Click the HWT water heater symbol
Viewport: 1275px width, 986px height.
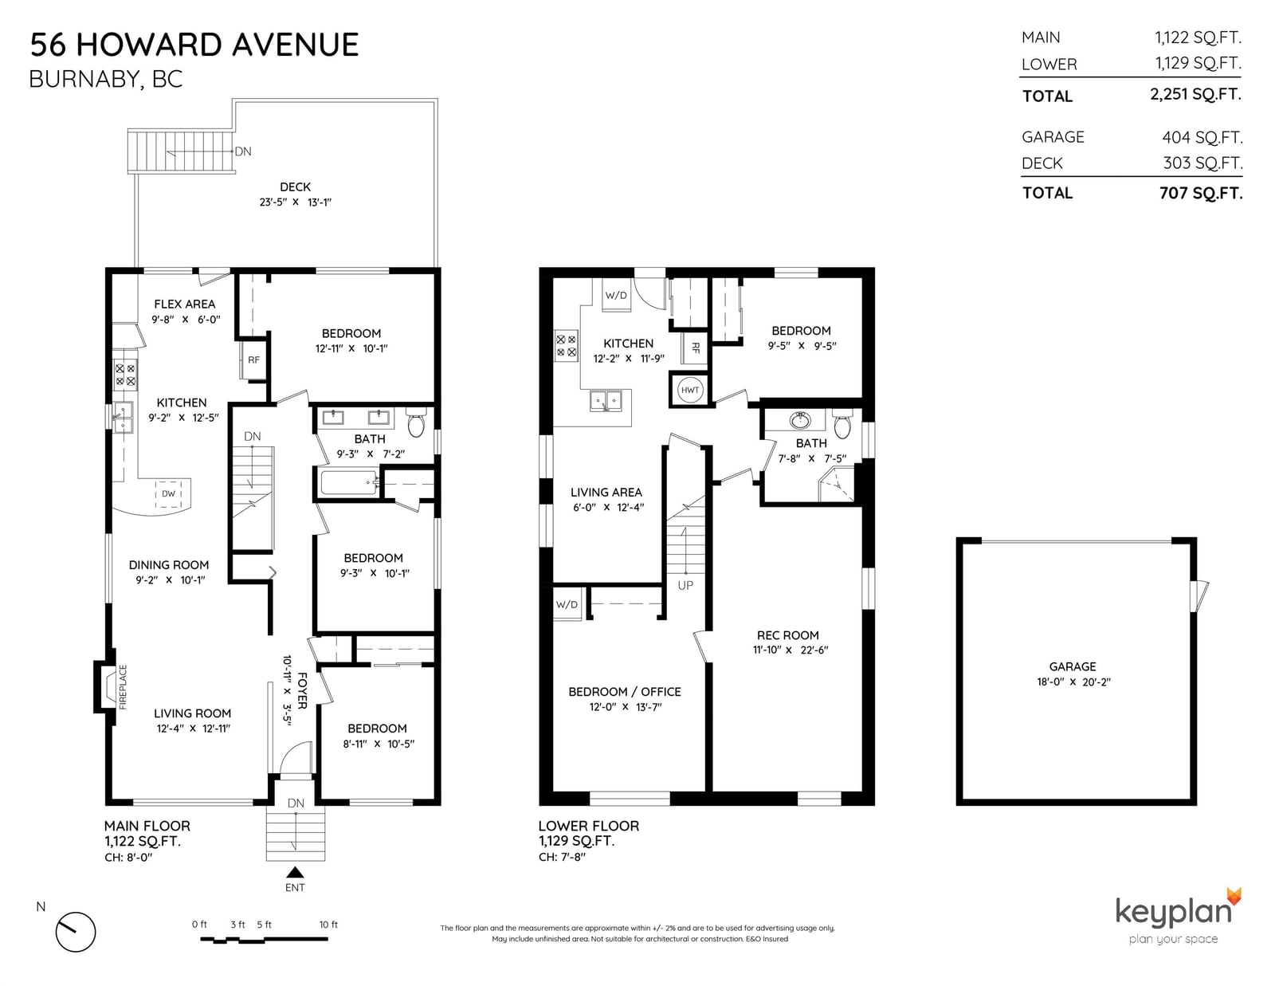(x=690, y=390)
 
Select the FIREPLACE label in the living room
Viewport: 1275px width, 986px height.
(x=124, y=687)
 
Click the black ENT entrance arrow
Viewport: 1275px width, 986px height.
(x=295, y=873)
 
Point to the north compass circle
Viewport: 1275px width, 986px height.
(x=76, y=932)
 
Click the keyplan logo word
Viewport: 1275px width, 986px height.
(x=1173, y=912)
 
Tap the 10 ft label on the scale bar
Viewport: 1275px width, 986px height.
(x=328, y=925)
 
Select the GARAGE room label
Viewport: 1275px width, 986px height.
(x=1073, y=666)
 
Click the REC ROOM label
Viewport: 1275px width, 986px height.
(x=788, y=635)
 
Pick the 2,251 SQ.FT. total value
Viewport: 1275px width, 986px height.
(x=1195, y=94)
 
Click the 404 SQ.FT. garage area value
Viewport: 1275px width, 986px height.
(x=1202, y=137)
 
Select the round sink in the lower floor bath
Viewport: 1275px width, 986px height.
(x=800, y=420)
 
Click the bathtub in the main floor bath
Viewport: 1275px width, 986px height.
(x=349, y=483)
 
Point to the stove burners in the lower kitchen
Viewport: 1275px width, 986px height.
(x=567, y=346)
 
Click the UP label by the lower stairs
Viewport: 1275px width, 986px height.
(x=685, y=585)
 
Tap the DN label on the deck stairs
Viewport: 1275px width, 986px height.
(x=243, y=151)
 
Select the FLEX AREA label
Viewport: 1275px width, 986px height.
(x=185, y=304)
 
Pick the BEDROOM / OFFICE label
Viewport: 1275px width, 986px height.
(x=625, y=692)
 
